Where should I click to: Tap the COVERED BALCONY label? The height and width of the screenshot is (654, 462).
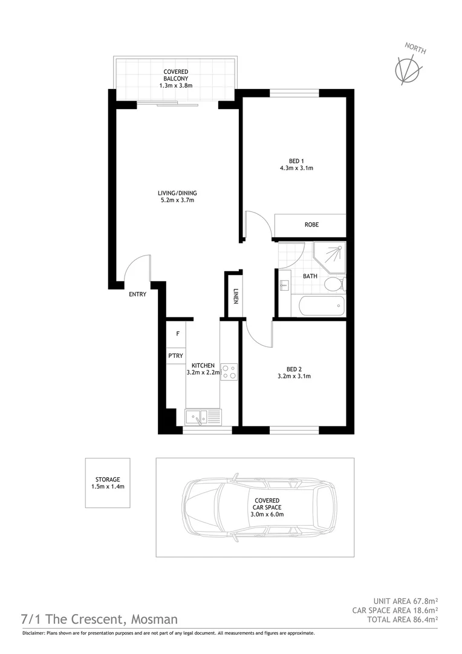175,79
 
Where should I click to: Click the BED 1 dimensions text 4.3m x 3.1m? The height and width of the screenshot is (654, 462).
296,168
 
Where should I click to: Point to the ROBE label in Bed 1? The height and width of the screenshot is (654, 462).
311,225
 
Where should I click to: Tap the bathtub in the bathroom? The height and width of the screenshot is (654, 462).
321,306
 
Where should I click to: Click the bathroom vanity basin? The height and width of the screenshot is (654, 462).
285,283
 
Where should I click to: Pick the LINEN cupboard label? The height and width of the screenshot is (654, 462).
235,296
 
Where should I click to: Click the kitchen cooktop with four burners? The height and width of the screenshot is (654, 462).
229,371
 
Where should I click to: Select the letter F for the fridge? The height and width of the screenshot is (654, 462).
178,334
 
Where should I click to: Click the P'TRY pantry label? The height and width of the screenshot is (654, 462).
176,355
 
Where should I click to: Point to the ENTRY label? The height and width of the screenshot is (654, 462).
137,294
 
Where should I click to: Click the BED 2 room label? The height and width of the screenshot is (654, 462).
294,368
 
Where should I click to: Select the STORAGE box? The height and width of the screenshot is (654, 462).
107,483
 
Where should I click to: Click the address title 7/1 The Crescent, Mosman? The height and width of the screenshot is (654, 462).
100,619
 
